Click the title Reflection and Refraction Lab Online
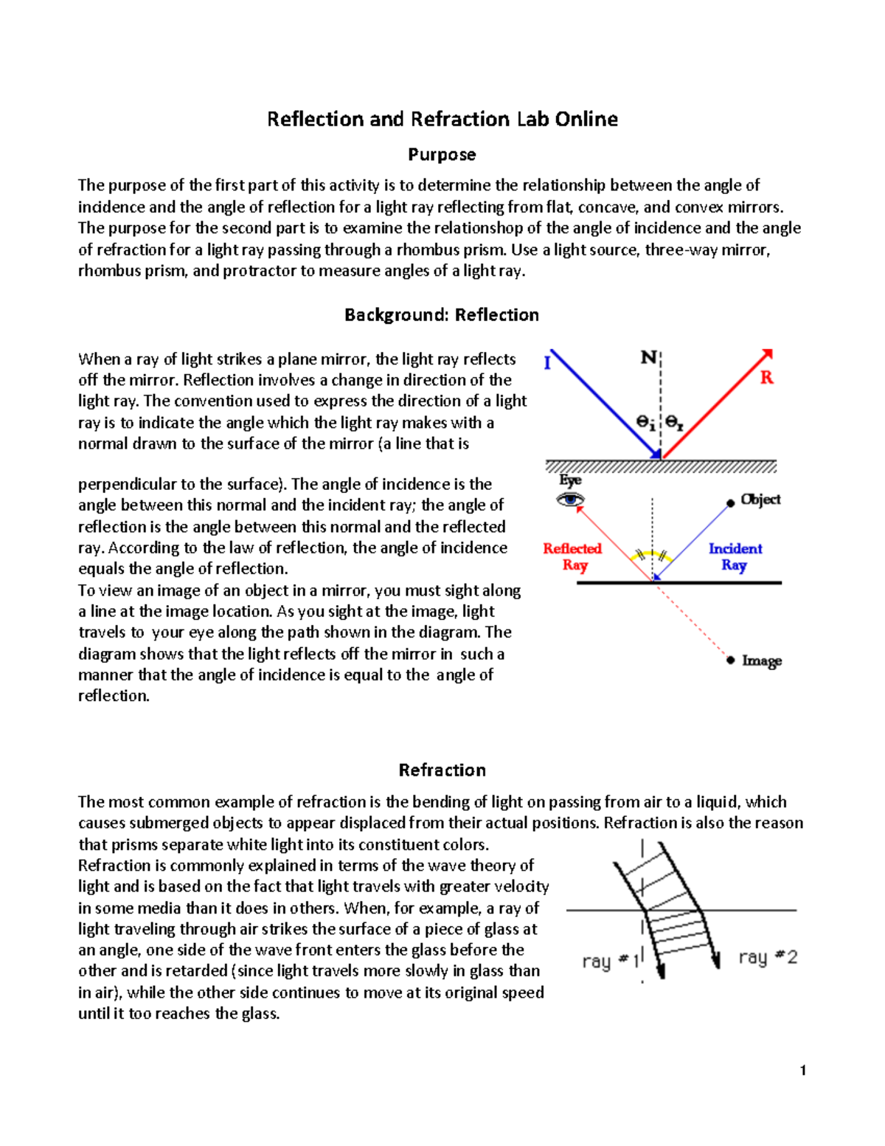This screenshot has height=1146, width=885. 442,119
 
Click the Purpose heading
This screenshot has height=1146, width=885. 442,155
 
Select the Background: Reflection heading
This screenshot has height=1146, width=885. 441,315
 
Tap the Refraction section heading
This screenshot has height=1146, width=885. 442,770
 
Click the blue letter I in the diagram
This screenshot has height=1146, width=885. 547,363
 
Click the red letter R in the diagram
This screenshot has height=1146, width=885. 767,378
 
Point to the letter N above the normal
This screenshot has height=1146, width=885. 648,358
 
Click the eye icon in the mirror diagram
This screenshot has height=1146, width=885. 569,500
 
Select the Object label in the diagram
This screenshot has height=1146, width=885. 760,500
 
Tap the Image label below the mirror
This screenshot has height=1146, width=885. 761,660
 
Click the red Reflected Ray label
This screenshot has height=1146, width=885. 572,556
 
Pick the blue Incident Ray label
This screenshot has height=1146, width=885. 735,556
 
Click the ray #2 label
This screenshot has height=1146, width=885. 768,958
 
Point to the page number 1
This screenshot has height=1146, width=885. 802,1071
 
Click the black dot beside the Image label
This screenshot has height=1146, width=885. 730,660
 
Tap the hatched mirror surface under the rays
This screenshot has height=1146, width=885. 661,466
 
